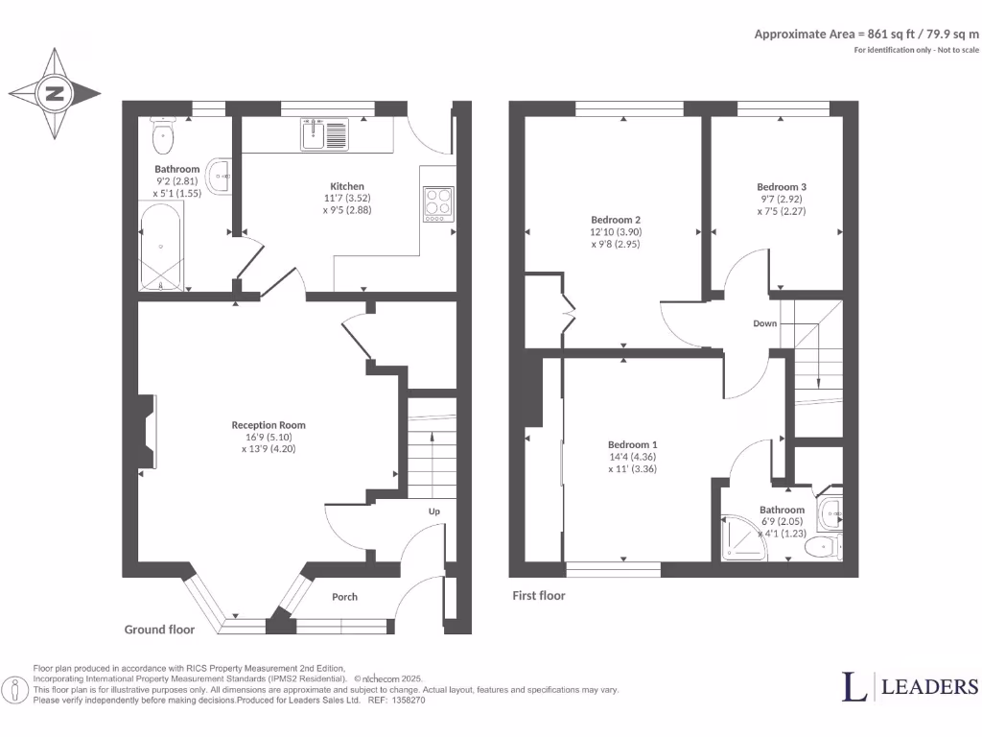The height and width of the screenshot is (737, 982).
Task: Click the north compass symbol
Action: tap(55, 94)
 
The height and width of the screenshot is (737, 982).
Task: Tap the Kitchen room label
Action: tap(347, 186)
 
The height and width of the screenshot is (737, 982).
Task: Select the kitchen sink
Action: tap(326, 134)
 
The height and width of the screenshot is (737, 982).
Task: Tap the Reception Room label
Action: tap(269, 425)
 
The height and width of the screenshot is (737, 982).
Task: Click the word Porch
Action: tap(344, 597)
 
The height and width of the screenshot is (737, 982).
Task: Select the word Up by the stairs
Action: tap(433, 511)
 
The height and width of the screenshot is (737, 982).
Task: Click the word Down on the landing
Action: tap(764, 323)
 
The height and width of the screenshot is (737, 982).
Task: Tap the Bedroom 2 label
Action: tap(615, 218)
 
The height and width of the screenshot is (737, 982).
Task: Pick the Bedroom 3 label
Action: tap(782, 187)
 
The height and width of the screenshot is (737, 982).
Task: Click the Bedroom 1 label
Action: tap(633, 445)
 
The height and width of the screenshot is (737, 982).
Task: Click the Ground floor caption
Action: tap(159, 630)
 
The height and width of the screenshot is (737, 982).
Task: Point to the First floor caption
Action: tap(538, 596)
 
